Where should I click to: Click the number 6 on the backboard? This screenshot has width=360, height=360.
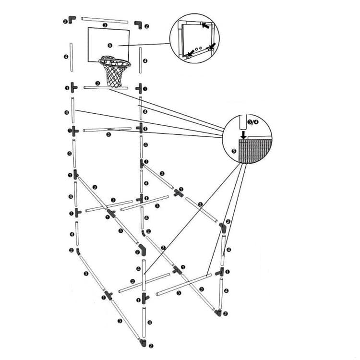[x=109, y=46]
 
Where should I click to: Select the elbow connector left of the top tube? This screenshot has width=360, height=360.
[x=72, y=19]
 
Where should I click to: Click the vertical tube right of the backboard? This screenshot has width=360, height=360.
[x=141, y=60]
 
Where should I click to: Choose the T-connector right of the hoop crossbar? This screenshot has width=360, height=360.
[x=140, y=88]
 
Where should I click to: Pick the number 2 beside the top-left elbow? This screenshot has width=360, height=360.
[x=65, y=21]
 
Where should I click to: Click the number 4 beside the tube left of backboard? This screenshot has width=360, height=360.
[x=65, y=57]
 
